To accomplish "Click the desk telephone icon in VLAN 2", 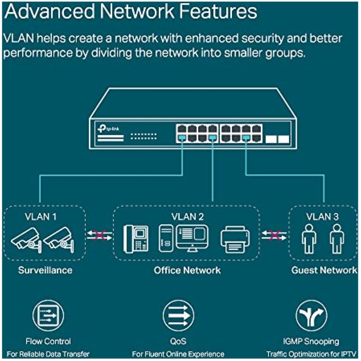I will click(x=136, y=239).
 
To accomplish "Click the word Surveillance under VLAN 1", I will click(x=45, y=270).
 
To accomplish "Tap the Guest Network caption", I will click(x=324, y=270).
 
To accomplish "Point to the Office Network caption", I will click(x=187, y=270).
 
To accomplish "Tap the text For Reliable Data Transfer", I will click(x=48, y=354).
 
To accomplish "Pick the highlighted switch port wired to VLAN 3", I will click(x=246, y=136).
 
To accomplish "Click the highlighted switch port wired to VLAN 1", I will click(x=182, y=136).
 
